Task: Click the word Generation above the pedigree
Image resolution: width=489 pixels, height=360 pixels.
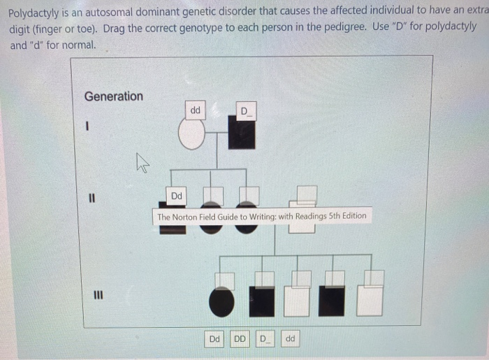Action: click(x=113, y=96)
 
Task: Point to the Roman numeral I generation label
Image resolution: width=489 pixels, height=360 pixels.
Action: click(x=88, y=127)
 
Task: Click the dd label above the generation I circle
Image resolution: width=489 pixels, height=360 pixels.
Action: click(x=195, y=110)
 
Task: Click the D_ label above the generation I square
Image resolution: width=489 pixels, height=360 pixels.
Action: click(x=247, y=111)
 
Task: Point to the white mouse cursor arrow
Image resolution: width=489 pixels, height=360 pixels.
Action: click(x=143, y=165)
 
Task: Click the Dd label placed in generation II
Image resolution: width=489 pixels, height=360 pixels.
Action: click(x=177, y=196)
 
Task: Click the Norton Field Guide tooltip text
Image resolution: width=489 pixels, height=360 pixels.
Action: click(x=261, y=216)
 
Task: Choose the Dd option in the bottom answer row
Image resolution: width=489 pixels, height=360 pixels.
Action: click(x=215, y=339)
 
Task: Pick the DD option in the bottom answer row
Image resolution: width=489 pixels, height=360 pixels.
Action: click(x=239, y=339)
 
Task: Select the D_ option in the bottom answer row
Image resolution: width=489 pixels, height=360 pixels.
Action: click(x=265, y=339)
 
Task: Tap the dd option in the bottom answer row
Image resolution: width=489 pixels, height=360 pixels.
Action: click(x=291, y=339)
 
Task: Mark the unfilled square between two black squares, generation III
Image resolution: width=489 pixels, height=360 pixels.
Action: click(x=298, y=301)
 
